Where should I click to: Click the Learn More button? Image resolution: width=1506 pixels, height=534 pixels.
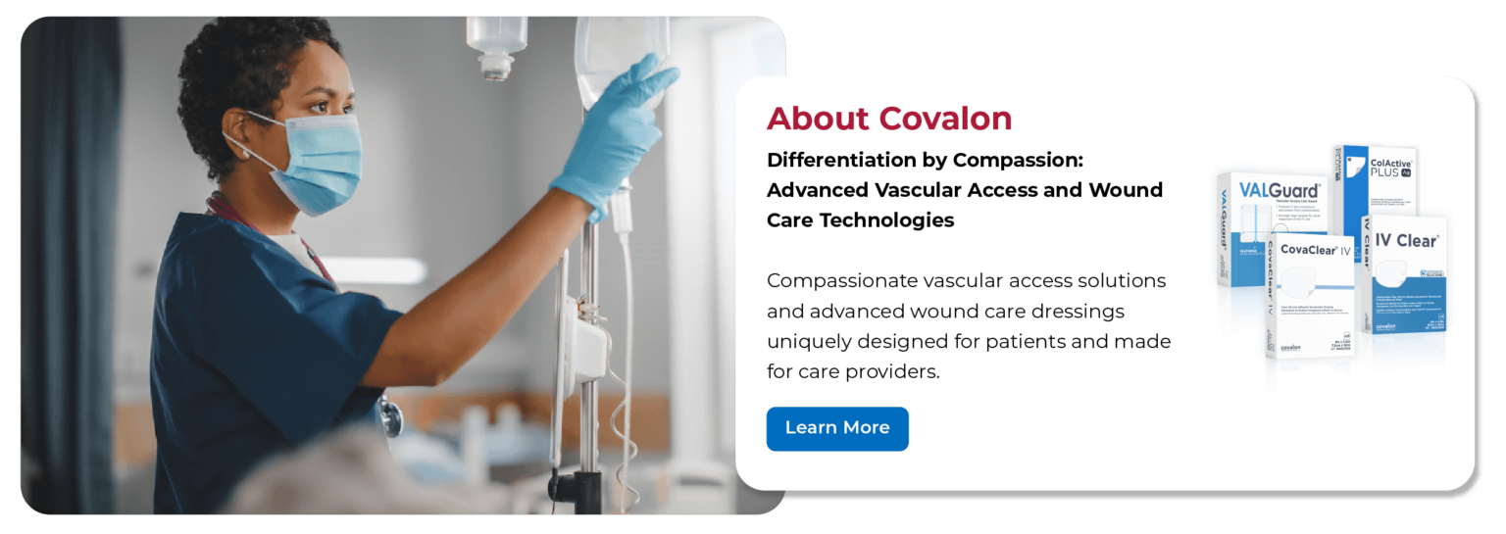836,428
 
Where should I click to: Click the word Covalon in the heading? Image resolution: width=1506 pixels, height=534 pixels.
945,119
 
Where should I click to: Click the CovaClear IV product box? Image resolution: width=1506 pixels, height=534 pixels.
1310,294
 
